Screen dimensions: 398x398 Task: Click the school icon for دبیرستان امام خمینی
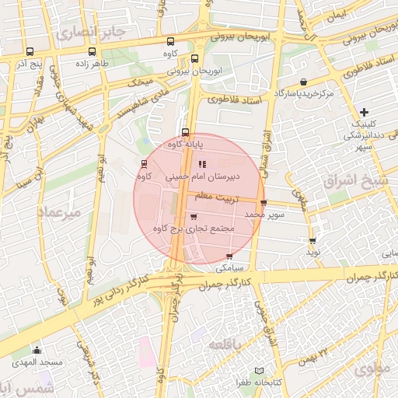(203, 164)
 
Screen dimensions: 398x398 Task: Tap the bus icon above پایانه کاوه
(185, 132)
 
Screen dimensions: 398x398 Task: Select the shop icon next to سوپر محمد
(264, 204)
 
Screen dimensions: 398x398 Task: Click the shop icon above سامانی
(229, 257)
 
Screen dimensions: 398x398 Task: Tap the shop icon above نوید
(312, 242)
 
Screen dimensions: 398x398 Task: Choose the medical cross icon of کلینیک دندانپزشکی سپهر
(363, 113)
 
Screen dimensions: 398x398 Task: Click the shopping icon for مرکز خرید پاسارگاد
(303, 82)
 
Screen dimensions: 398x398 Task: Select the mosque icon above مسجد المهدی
(37, 351)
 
